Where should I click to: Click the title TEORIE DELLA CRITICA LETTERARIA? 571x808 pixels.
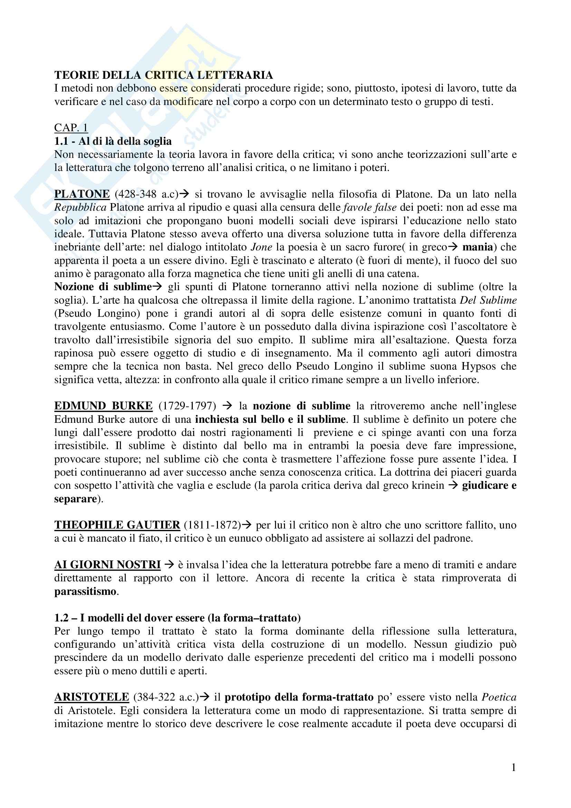(x=164, y=75)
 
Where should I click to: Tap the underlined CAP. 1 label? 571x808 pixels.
(x=71, y=128)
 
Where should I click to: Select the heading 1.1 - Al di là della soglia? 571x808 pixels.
(x=113, y=141)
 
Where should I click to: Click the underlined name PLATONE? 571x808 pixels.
(x=82, y=194)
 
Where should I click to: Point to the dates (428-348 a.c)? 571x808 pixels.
(x=147, y=194)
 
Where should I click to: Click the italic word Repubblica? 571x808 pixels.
(x=80, y=207)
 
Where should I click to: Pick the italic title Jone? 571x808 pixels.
(x=261, y=247)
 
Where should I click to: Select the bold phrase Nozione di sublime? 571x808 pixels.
(x=103, y=287)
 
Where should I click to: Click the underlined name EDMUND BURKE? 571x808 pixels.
(x=103, y=406)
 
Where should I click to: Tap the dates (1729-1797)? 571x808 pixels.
(x=188, y=406)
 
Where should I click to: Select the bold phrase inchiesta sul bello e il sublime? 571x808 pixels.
(x=270, y=419)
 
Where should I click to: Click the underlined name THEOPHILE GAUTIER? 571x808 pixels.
(x=117, y=525)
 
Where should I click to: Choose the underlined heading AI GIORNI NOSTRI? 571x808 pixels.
(x=107, y=565)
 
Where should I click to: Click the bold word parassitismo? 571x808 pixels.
(x=85, y=591)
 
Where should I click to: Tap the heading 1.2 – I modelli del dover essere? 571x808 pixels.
(x=177, y=618)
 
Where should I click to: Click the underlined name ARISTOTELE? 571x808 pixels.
(x=92, y=697)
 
